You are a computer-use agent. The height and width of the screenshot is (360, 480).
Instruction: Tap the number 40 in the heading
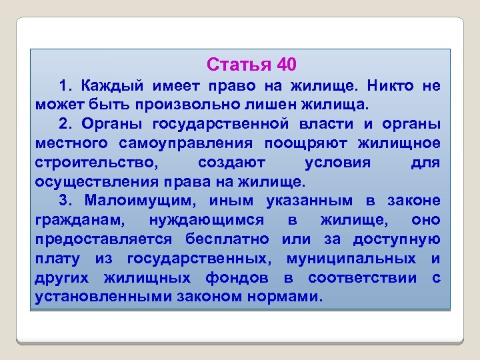284,65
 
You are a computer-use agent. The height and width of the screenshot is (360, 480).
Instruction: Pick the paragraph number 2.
64,125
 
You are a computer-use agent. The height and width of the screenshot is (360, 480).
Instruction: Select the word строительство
97,163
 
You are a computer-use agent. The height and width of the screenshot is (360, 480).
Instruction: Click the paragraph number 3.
64,201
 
